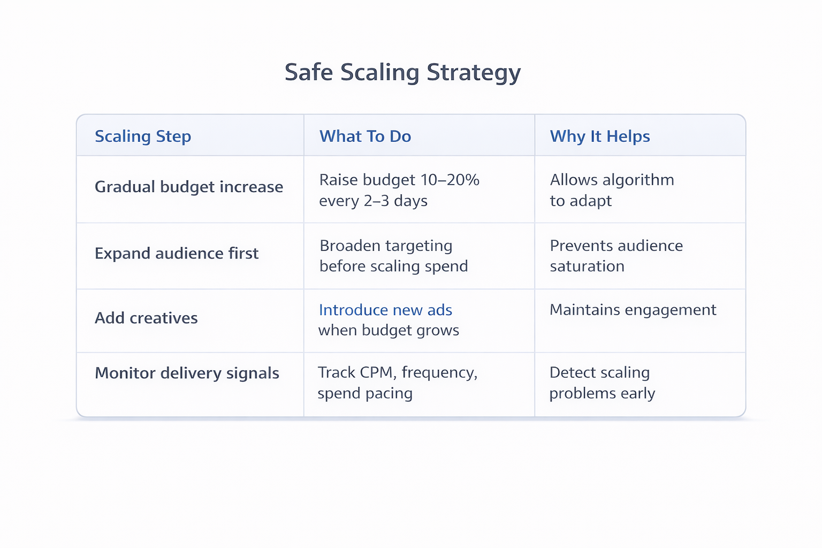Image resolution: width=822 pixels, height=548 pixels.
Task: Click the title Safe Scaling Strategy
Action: pos(402,73)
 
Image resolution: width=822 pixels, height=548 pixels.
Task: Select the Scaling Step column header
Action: pos(143,136)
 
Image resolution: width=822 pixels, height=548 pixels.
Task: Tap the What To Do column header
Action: pos(365,136)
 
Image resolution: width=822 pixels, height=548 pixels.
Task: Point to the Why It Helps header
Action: pos(599,136)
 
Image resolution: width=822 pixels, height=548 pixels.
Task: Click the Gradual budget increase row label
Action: pos(189,187)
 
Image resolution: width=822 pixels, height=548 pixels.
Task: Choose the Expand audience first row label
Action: pos(177,253)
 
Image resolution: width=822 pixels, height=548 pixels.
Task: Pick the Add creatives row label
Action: pos(146,318)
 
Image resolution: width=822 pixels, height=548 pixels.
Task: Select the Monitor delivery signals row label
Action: pos(187,373)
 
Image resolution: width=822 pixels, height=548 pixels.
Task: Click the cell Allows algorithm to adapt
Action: pos(612,190)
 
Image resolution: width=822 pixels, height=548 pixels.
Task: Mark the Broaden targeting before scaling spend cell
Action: pos(393,256)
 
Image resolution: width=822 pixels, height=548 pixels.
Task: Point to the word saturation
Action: pos(587,267)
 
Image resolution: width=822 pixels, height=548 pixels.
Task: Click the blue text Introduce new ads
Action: pos(385,310)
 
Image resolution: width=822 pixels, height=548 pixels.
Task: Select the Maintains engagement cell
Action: pos(633,310)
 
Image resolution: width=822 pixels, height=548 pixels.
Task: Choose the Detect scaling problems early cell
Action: pos(602,383)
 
